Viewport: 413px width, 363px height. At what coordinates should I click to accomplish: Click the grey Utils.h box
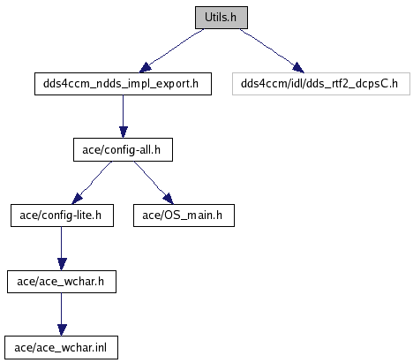pos(222,18)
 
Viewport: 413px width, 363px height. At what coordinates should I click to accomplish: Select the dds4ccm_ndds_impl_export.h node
pos(123,84)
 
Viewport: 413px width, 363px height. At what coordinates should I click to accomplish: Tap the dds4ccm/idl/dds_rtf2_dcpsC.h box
pos(321,84)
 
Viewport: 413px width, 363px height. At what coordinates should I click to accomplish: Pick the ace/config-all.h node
pos(123,150)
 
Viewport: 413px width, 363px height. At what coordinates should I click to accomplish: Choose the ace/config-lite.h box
pos(62,216)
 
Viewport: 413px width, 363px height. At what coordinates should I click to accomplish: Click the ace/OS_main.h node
pos(184,216)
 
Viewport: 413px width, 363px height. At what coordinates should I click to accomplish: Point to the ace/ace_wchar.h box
pos(62,282)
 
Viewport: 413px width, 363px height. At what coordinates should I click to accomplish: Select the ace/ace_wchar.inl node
pos(61,348)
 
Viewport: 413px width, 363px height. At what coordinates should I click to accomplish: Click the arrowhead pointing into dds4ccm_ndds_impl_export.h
pos(145,68)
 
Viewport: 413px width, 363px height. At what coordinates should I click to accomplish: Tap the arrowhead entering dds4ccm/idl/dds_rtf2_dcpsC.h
pos(298,68)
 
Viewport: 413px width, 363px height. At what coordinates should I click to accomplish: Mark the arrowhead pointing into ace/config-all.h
pos(124,132)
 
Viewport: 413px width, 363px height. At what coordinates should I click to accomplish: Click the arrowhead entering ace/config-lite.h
pos(77,199)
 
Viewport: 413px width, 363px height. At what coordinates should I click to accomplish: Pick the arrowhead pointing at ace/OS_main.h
pos(168,199)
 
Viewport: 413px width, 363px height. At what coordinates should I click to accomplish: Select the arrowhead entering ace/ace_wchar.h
pos(62,264)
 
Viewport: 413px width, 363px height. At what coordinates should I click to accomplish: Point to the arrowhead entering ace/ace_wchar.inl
pos(62,330)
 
